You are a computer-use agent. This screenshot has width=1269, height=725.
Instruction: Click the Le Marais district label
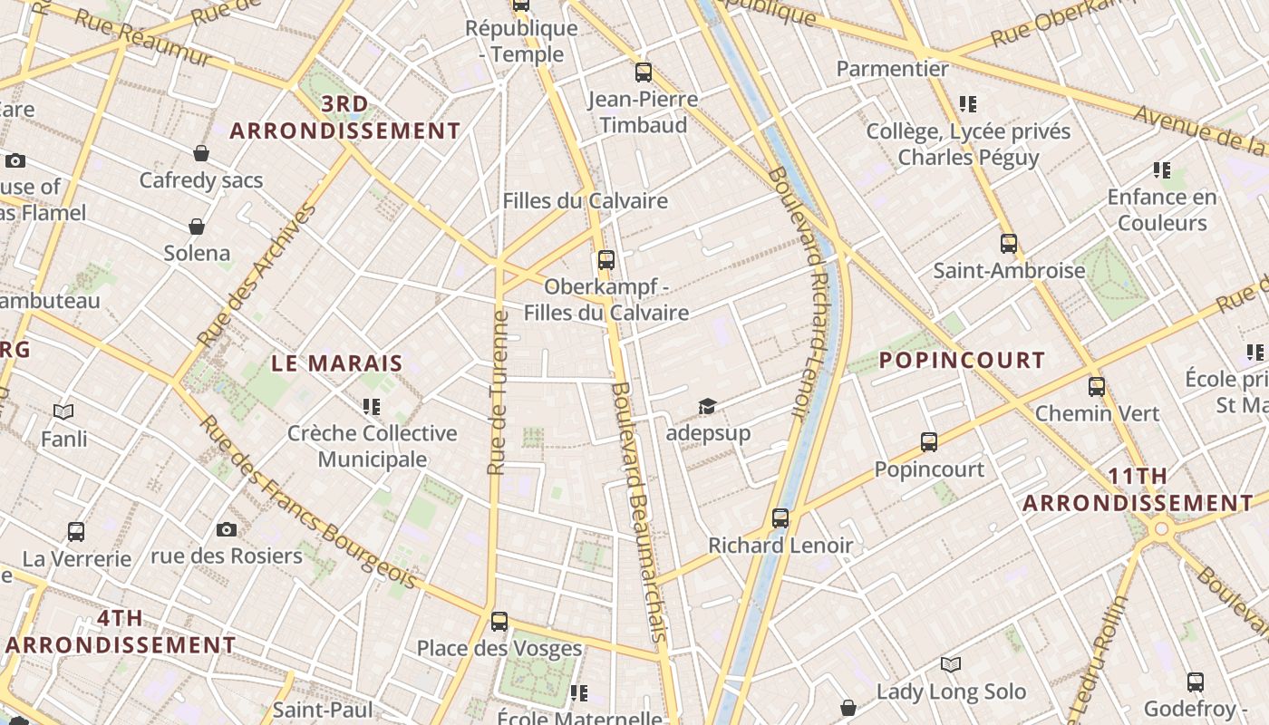[x=337, y=363]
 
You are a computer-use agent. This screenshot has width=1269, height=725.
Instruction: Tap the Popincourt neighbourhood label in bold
[x=962, y=360]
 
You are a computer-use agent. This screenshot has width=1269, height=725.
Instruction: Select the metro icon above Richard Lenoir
[x=780, y=518]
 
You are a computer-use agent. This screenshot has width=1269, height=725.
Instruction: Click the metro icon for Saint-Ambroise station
[x=1009, y=243]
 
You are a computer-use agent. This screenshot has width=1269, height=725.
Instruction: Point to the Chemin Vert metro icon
[x=1097, y=386]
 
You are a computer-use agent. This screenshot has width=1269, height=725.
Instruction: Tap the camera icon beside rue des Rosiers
[x=227, y=529]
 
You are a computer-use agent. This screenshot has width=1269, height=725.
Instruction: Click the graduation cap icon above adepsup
[x=707, y=406]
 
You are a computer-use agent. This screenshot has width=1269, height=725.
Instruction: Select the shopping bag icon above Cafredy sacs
[x=201, y=153]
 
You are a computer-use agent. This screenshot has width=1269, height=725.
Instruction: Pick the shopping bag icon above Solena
[x=197, y=226]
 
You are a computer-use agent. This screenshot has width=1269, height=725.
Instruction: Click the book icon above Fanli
[x=63, y=412]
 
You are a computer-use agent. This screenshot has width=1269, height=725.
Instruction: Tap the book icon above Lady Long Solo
[x=950, y=665]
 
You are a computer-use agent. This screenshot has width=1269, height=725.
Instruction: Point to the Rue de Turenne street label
[x=497, y=393]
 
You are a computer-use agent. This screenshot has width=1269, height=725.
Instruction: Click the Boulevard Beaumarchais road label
[x=640, y=512]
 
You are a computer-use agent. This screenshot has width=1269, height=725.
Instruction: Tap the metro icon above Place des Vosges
[x=499, y=622]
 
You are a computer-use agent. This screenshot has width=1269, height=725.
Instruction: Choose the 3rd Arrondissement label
[x=344, y=118]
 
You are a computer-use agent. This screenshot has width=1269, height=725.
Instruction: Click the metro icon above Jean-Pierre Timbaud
[x=644, y=72]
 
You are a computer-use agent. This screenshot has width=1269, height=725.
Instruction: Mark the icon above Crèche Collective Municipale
[x=371, y=406]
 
